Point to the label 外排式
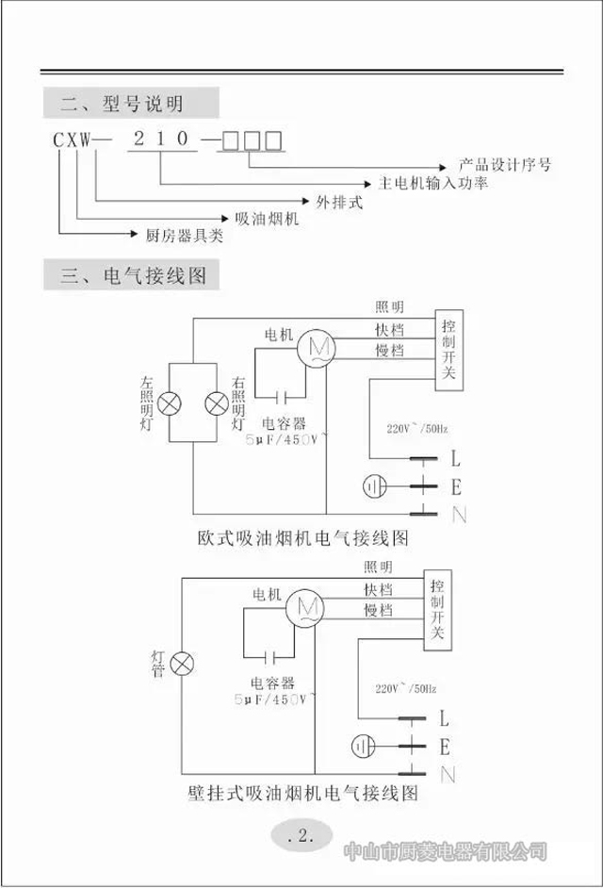pyautogui.click(x=338, y=202)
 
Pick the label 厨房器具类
pyautogui.click(x=185, y=236)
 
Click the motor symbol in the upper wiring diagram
pyautogui.click(x=316, y=350)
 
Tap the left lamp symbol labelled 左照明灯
pyautogui.click(x=170, y=403)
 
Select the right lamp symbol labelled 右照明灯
pyautogui.click(x=217, y=403)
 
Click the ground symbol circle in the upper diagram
pyautogui.click(x=375, y=486)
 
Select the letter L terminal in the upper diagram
pyautogui.click(x=456, y=460)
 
